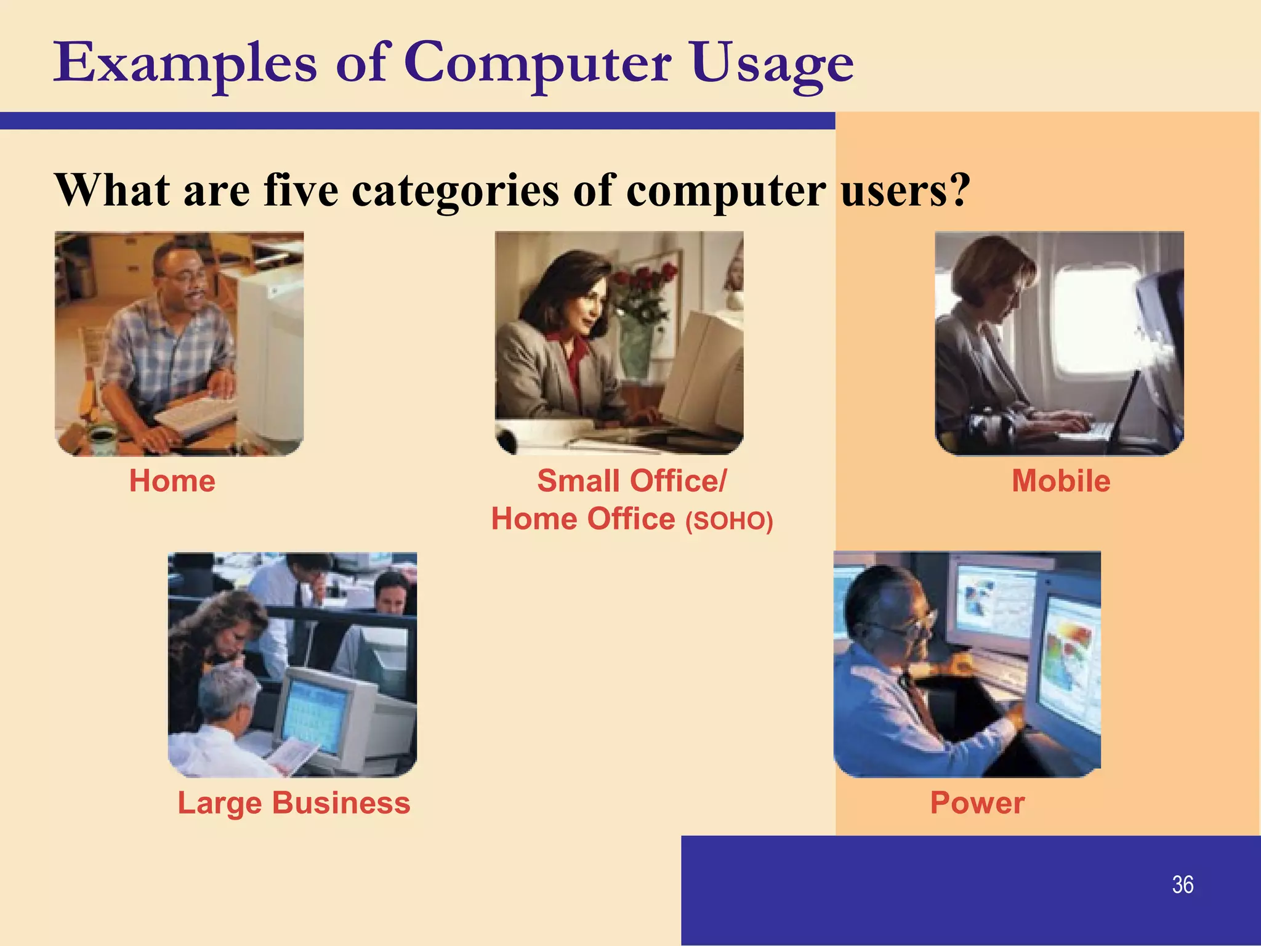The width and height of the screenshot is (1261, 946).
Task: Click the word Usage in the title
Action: (772, 65)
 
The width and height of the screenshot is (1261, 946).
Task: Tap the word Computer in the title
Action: (538, 65)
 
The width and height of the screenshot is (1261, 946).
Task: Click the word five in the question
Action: (301, 190)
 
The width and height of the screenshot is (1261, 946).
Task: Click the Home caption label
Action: (172, 481)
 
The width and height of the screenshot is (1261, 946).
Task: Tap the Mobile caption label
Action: (1061, 481)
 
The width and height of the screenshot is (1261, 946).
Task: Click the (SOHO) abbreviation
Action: (729, 521)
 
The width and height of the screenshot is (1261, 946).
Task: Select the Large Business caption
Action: (294, 803)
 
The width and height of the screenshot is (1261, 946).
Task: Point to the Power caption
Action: (977, 803)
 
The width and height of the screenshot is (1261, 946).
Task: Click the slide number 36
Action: (1182, 885)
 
